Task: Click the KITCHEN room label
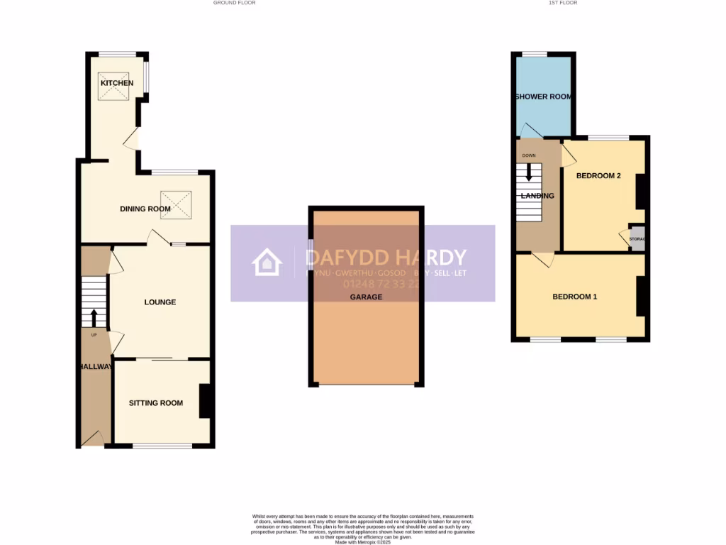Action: tap(117, 83)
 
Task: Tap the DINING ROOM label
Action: tap(145, 209)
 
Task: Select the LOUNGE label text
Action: tap(160, 302)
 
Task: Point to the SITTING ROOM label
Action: tap(155, 403)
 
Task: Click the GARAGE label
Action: tap(366, 297)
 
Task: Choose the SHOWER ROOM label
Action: tap(543, 97)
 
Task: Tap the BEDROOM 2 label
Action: tap(598, 175)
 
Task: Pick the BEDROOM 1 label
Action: tap(574, 297)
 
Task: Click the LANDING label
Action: tap(537, 196)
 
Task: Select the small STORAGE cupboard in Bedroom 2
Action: tap(637, 239)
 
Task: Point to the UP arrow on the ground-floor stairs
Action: tap(94, 317)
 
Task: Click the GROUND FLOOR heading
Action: tap(234, 3)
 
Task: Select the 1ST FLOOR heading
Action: tap(563, 3)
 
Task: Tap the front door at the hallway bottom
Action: tap(92, 439)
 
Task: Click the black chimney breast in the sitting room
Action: tap(206, 401)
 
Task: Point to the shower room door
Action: tap(530, 131)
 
